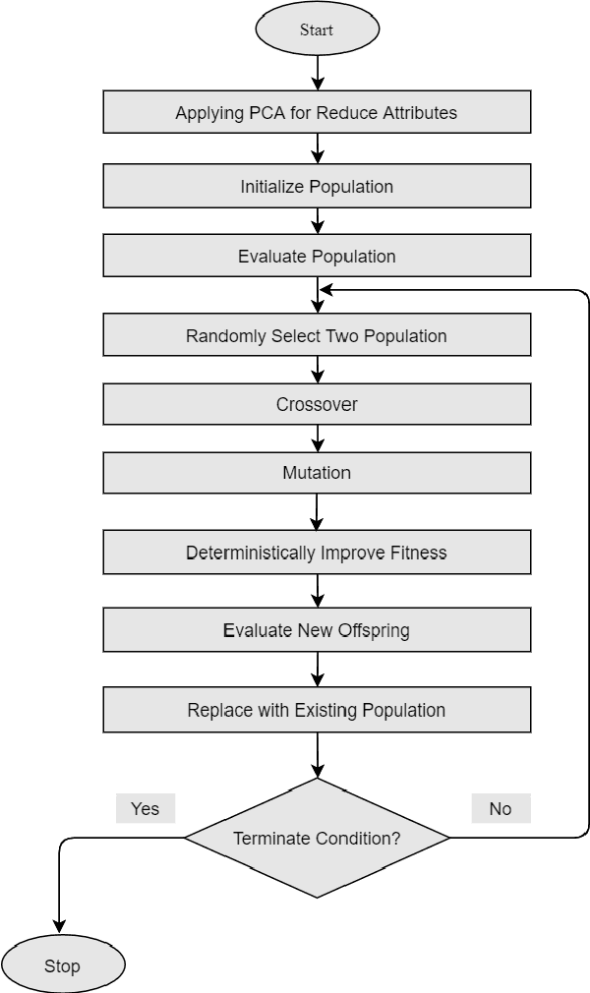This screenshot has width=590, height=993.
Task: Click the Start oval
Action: click(317, 29)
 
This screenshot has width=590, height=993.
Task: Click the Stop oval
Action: click(63, 965)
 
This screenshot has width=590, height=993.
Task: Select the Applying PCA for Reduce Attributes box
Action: click(317, 112)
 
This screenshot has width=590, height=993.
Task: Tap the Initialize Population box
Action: click(317, 186)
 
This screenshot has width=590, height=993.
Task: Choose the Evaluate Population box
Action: click(317, 257)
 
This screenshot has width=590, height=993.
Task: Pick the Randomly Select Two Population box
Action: click(317, 335)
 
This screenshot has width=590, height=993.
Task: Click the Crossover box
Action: click(317, 404)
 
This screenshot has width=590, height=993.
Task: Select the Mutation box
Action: click(317, 473)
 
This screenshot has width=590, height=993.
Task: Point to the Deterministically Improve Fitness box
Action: click(317, 553)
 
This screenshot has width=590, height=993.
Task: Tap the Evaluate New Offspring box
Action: click(317, 630)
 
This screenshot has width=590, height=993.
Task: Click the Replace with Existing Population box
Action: click(317, 710)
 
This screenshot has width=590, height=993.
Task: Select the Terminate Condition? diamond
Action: click(317, 838)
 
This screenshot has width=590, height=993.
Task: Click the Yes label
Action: click(146, 808)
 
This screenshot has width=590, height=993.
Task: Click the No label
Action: click(501, 808)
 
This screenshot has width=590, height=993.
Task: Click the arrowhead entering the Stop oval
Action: click(60, 926)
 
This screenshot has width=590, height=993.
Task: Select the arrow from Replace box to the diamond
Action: click(317, 755)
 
